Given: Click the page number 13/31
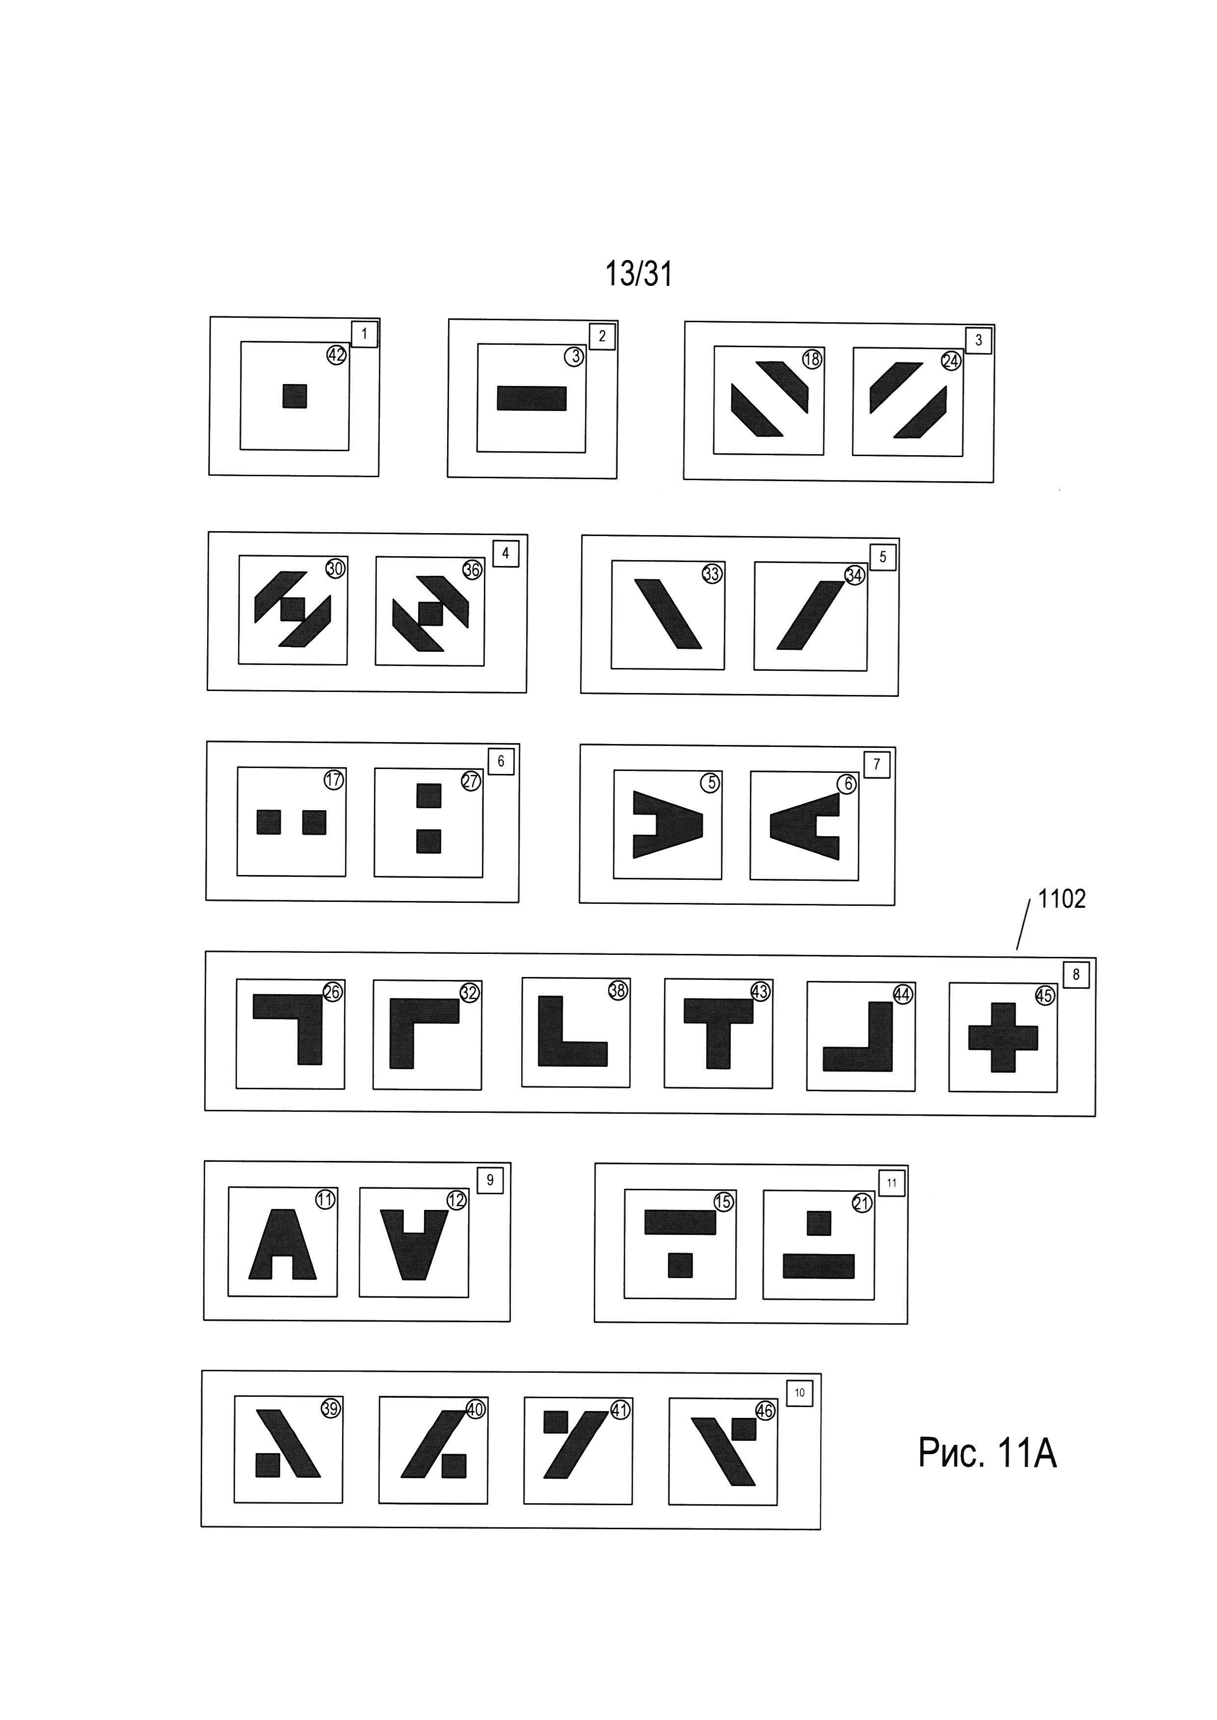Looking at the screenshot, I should click(x=638, y=274).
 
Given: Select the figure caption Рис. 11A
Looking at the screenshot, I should click(x=987, y=1453).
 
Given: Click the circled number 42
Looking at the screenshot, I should click(x=337, y=354).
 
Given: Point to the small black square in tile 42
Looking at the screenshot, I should click(x=294, y=395).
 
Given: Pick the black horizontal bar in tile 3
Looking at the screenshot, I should click(x=531, y=399).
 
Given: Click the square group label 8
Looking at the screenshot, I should click(x=1076, y=975).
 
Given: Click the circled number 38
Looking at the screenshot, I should click(x=617, y=990).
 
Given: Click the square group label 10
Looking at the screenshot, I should click(x=799, y=1393).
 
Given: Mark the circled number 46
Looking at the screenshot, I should click(x=765, y=1411).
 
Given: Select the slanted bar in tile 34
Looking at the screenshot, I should click(x=810, y=614).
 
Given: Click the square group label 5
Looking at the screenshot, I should click(x=883, y=557).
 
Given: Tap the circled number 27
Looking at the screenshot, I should click(x=471, y=781).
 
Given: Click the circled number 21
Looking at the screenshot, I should click(x=862, y=1204).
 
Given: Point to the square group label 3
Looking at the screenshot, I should click(x=978, y=340).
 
